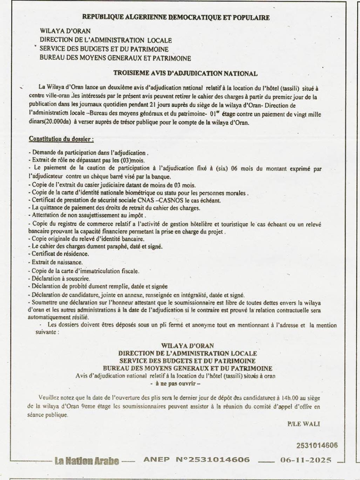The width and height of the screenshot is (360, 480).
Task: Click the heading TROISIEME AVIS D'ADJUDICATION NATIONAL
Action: pyautogui.click(x=185, y=73)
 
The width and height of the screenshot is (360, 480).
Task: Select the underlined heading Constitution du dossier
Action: pyautogui.click(x=61, y=139)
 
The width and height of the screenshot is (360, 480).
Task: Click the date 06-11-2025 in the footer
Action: pyautogui.click(x=306, y=460)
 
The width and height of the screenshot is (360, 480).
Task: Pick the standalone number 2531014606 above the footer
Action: pyautogui.click(x=317, y=446)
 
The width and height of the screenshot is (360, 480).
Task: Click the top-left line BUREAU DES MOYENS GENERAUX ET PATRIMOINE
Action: pyautogui.click(x=116, y=59)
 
